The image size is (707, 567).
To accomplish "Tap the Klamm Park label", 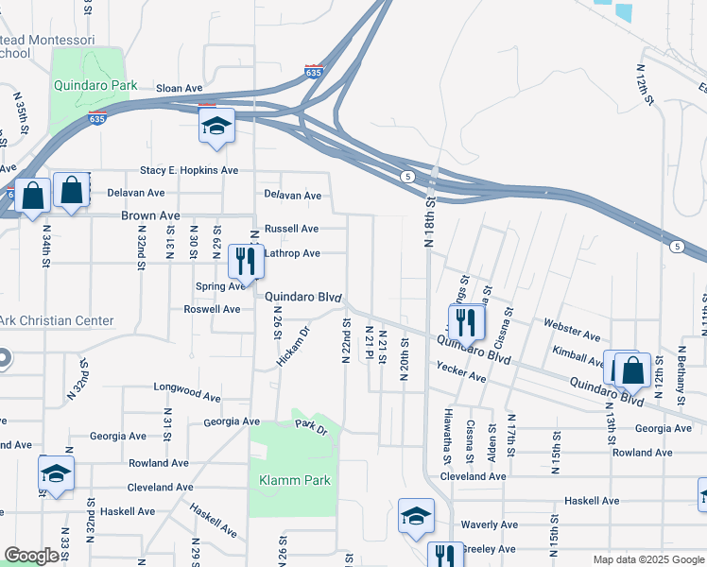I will click(295, 480).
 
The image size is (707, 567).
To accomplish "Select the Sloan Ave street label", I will click(180, 88).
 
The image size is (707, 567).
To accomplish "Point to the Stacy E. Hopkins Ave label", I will click(189, 170).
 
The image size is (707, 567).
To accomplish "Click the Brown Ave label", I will click(150, 215).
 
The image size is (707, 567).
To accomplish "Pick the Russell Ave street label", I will click(291, 229).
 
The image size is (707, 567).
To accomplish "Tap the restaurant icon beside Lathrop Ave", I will click(246, 261).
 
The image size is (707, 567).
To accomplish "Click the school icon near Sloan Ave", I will click(216, 125).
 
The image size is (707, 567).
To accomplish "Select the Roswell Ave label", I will click(212, 309).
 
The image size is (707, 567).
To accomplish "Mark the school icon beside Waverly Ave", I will click(416, 515).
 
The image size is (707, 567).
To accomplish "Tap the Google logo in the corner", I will click(31, 556).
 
